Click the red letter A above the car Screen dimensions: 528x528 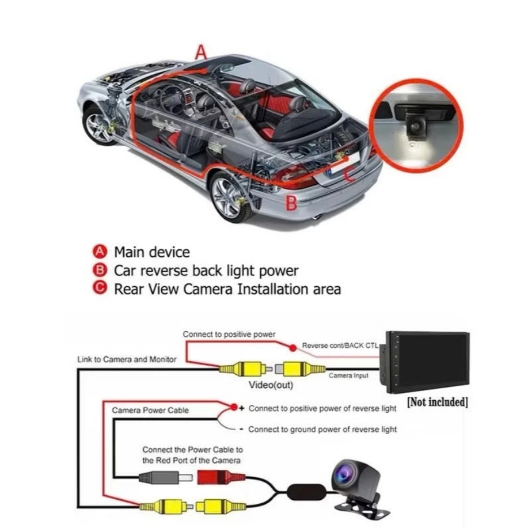200,52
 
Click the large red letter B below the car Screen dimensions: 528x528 292,203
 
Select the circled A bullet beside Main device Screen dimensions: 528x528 100,252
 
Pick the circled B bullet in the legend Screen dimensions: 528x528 100,269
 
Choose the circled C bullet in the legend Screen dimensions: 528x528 100,288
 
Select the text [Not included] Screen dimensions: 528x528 437,402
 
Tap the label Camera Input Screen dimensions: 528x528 348,375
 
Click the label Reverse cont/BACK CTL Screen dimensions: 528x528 340,346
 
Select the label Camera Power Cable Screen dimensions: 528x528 150,411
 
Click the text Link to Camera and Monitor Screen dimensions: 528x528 127,359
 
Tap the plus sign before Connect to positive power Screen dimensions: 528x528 242,408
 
